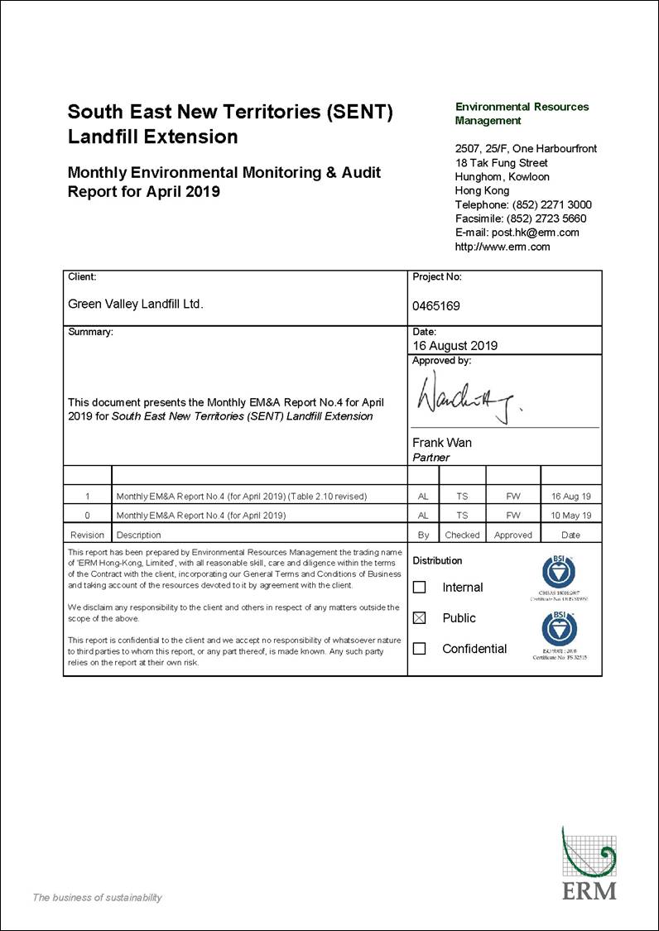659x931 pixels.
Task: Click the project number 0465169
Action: click(436, 306)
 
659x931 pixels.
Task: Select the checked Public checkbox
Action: click(420, 618)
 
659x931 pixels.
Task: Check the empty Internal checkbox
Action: click(420, 588)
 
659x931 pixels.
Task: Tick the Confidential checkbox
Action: click(420, 649)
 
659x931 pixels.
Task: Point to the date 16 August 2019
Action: click(455, 346)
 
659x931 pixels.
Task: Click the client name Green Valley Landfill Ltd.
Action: click(135, 304)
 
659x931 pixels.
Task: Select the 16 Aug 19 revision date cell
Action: click(570, 497)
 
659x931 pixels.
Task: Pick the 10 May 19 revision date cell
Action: click(570, 515)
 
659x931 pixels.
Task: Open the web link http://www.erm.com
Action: click(503, 247)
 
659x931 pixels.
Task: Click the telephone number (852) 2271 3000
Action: click(551, 204)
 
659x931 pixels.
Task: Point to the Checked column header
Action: click(462, 535)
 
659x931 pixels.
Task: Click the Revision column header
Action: click(88, 535)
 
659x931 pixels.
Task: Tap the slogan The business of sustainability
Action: click(97, 898)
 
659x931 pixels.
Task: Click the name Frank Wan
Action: click(442, 443)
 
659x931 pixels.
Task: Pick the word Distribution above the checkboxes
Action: click(437, 560)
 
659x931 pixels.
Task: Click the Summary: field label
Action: click(90, 332)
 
